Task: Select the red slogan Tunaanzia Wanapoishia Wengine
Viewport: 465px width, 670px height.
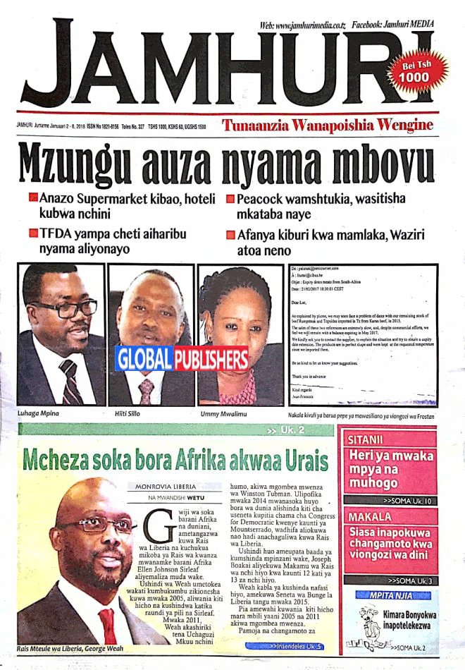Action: click(327, 126)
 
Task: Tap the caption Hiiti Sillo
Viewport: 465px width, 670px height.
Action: click(129, 414)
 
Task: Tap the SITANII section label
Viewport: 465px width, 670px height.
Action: click(366, 439)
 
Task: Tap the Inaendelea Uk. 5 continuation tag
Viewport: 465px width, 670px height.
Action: click(297, 646)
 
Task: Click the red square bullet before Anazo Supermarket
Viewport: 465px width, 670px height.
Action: click(32, 200)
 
